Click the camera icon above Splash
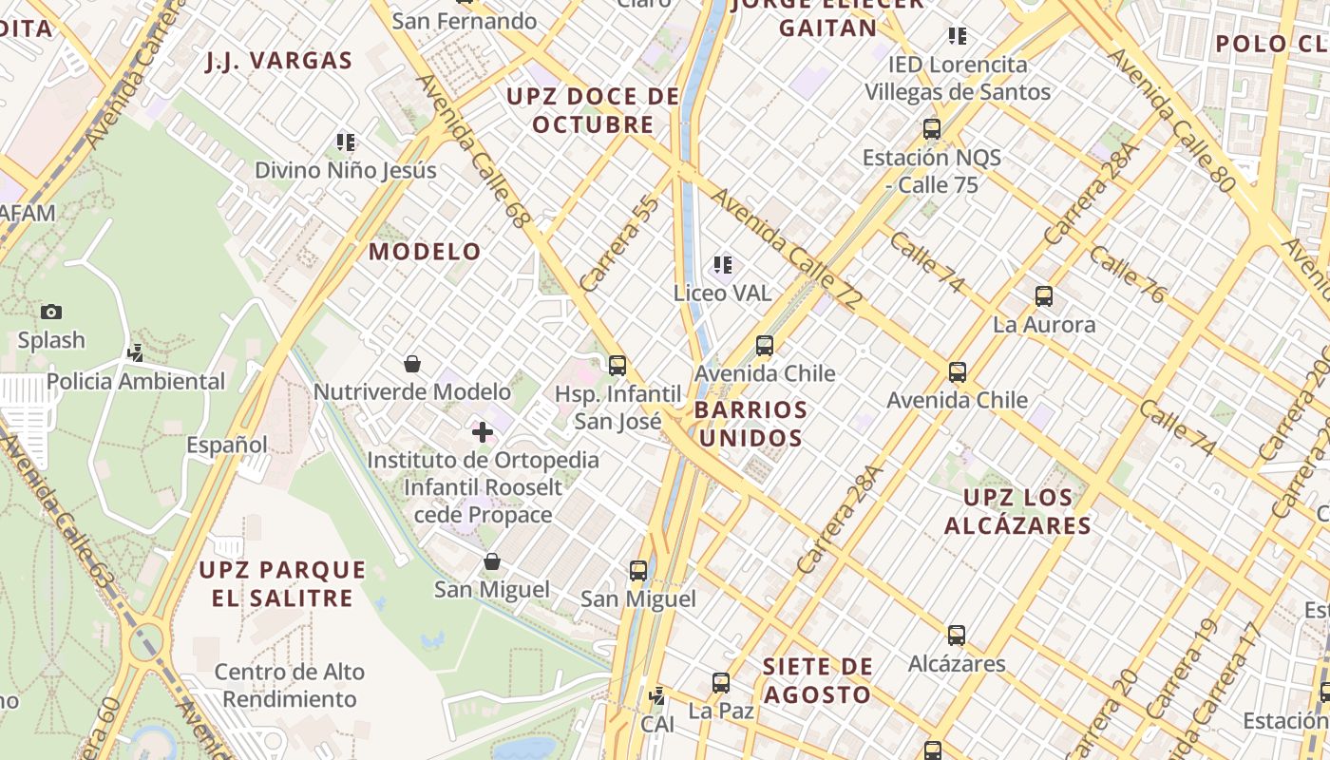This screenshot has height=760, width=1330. pos(51,312)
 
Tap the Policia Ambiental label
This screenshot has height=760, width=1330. pos(136,382)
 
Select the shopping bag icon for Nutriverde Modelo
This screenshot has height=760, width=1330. pos(412,364)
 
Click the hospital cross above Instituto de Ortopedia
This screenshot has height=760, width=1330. pos(483,432)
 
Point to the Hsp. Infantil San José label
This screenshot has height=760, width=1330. pos(618,408)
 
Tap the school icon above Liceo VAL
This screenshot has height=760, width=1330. pos(723,265)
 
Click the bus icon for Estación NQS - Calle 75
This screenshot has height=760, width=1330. pos(932,129)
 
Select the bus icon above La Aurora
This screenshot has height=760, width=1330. pos(1044,296)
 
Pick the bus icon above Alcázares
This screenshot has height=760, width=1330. pos(957,636)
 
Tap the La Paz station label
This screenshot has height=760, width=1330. pos(721,711)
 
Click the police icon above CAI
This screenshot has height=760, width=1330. pos(656,696)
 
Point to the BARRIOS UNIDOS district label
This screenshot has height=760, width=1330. pos(750,424)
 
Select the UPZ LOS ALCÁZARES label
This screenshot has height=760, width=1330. pos(1017,511)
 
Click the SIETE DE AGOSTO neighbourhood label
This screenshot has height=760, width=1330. pos(817,680)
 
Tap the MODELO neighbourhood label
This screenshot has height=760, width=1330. pos(426,252)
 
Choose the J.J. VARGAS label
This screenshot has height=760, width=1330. pos(279,61)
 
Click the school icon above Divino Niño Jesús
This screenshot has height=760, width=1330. pos(346,143)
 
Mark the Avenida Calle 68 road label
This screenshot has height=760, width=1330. pos(472,152)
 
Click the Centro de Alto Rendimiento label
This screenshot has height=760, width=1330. pos(289,685)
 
